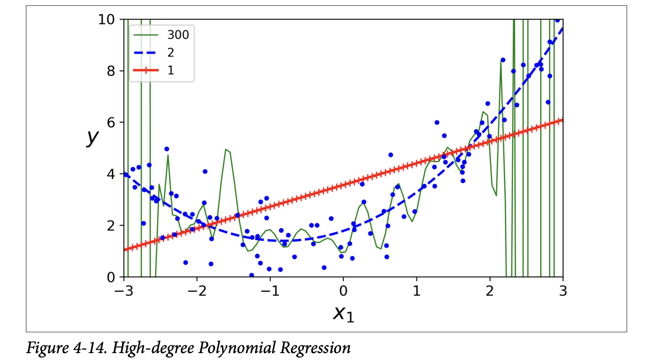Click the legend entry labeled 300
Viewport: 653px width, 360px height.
(x=178, y=35)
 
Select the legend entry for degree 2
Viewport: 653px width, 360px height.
(x=171, y=53)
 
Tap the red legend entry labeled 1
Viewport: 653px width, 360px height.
(x=171, y=70)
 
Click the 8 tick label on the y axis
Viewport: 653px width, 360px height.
(x=111, y=71)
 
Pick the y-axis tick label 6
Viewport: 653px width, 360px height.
(x=111, y=123)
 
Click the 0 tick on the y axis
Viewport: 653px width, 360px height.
(x=111, y=277)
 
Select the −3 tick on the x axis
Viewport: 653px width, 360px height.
(x=124, y=291)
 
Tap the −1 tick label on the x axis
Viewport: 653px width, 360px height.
(x=270, y=291)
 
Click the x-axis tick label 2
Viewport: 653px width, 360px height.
(x=490, y=291)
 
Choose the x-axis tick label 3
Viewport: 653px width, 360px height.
(x=563, y=291)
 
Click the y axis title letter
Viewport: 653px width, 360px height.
(x=92, y=137)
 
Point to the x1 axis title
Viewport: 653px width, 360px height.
(x=343, y=313)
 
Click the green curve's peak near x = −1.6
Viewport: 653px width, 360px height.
(x=226, y=149)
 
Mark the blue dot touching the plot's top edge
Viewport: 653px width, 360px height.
(x=557, y=20)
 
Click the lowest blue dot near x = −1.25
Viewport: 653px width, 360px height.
(x=251, y=275)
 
